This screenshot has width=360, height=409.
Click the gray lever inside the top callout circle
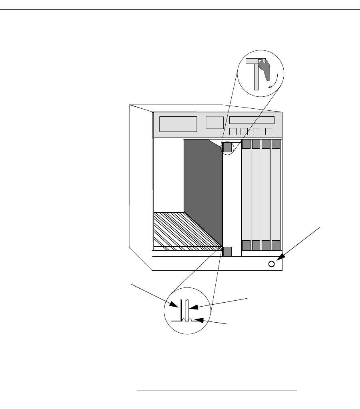point(265,70)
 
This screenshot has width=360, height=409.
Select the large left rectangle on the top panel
point(178,124)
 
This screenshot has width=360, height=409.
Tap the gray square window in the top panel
point(215,123)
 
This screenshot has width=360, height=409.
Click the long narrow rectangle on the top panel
point(252,120)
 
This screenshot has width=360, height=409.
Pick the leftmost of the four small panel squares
point(233,132)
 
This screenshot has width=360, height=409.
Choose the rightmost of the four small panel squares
point(269,132)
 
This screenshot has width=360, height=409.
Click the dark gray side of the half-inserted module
point(203,188)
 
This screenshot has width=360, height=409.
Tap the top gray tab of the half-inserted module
point(227,148)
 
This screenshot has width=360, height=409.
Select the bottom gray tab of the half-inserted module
point(227,251)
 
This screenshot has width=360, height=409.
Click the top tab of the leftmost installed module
point(246,144)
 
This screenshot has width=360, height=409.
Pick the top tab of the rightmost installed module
point(276,144)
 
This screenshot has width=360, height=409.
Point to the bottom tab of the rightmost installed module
point(276,245)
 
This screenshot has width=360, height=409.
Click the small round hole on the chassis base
point(272,264)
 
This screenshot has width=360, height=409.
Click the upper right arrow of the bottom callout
point(191,307)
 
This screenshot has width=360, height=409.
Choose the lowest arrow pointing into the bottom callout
point(196,320)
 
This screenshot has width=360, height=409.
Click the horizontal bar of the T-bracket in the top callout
point(253,61)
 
